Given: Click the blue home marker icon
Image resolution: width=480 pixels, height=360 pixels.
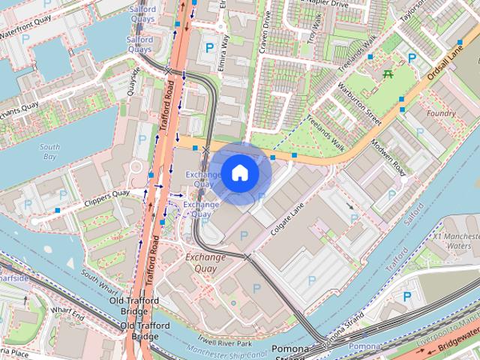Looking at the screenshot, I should pos(239,173).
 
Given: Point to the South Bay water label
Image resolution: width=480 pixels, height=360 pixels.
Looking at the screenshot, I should pos(50,151).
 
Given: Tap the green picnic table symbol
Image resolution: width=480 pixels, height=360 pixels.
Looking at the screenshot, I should pos(388,73).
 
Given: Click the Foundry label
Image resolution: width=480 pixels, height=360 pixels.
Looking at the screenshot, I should pos(440,113).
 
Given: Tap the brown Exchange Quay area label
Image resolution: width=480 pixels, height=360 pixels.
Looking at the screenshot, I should pos(205,262).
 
